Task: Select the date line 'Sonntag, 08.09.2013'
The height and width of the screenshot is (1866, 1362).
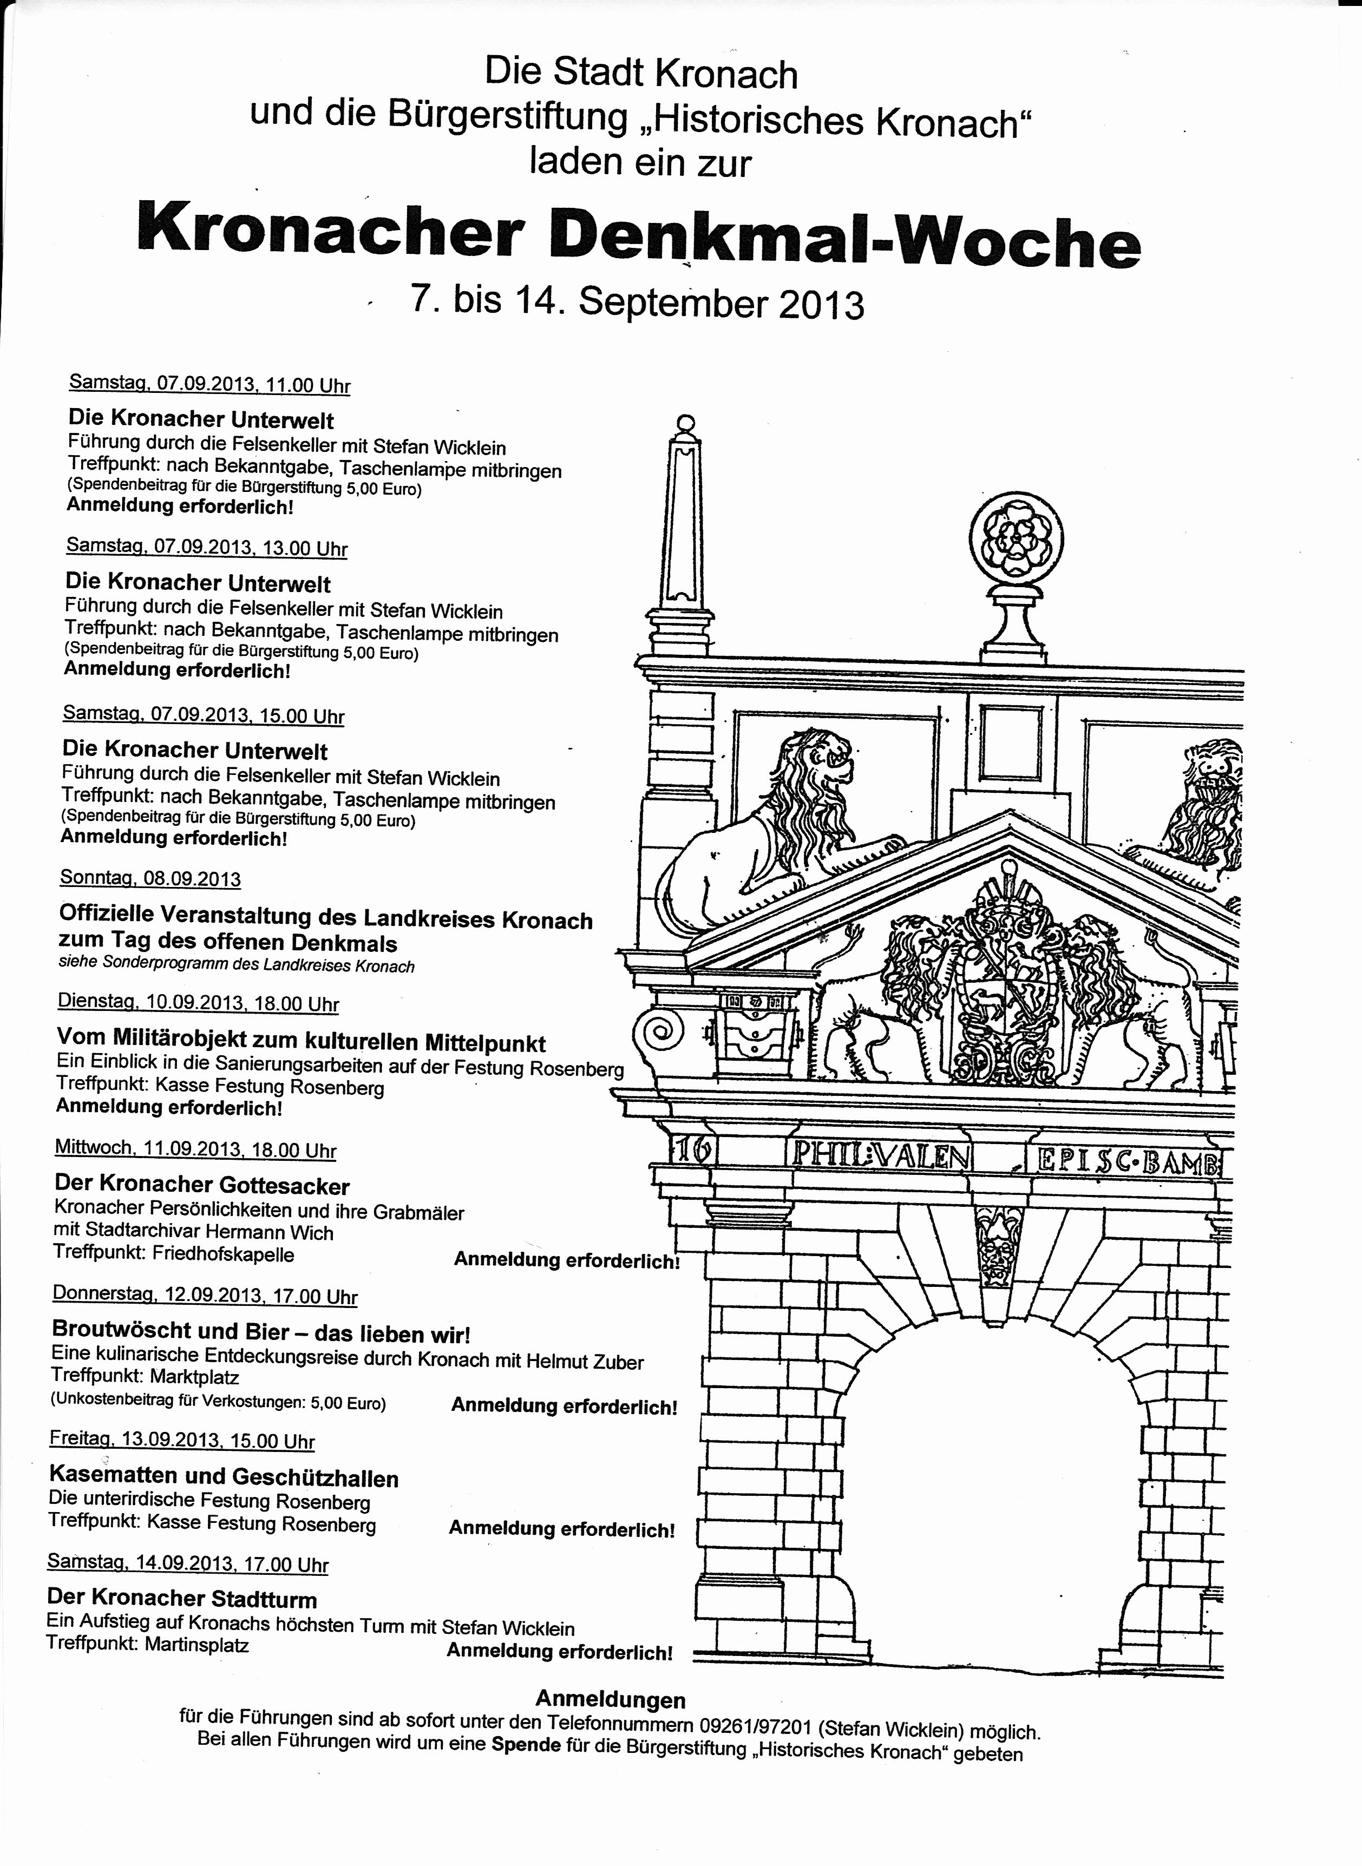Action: (x=150, y=878)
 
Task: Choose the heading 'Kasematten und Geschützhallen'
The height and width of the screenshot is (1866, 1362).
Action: (x=224, y=1478)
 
